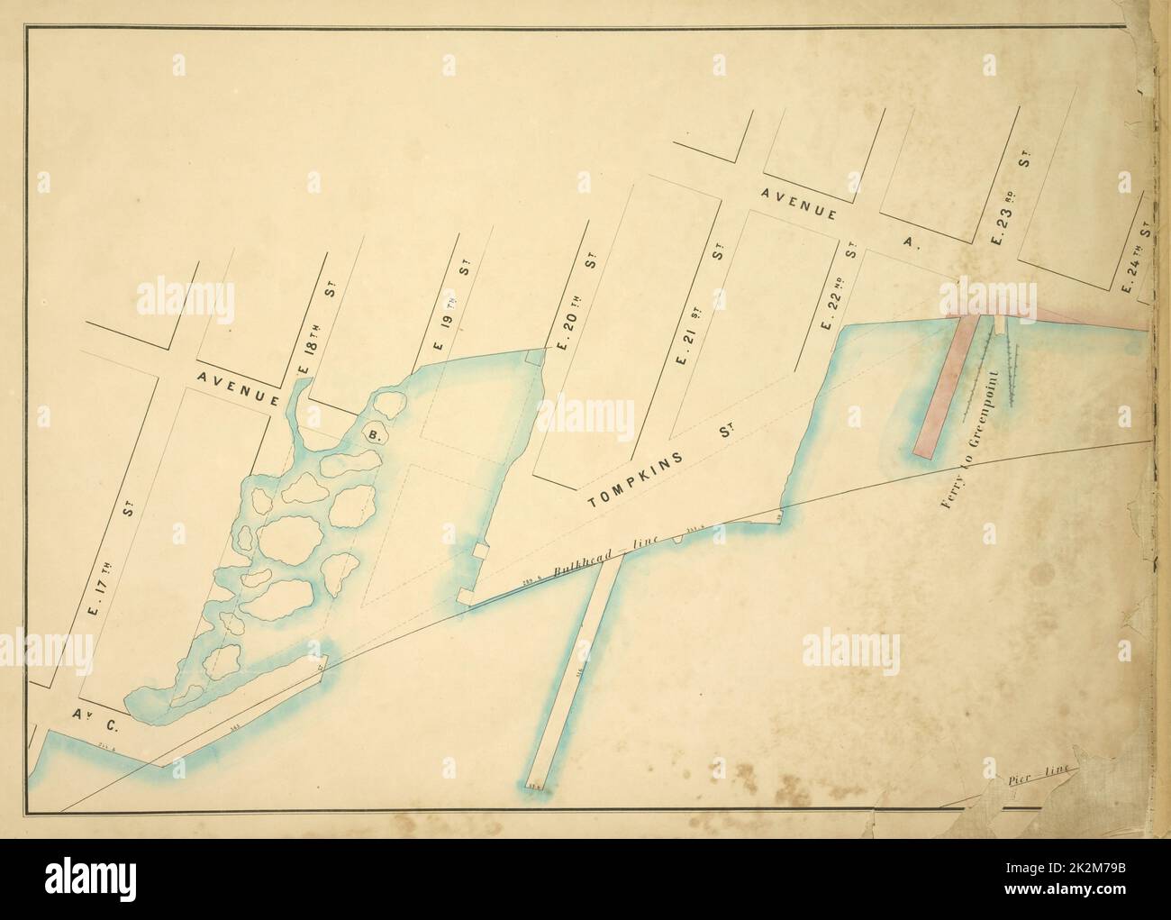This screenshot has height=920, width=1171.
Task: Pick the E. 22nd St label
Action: coord(839,283)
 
